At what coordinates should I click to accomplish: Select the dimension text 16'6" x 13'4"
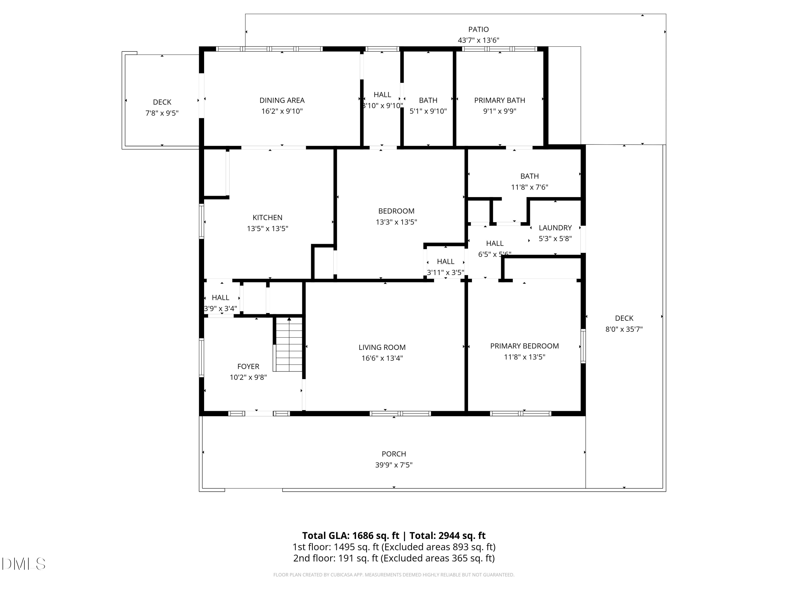click(x=382, y=358)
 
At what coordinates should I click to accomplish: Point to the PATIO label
click(x=478, y=29)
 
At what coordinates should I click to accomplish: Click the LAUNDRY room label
click(x=555, y=228)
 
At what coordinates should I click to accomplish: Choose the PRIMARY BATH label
click(x=499, y=100)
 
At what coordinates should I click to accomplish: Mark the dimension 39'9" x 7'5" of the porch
click(x=394, y=465)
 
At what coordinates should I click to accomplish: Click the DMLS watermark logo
click(x=24, y=564)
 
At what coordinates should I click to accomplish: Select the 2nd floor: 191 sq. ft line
click(x=394, y=558)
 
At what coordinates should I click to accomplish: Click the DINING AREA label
click(x=282, y=100)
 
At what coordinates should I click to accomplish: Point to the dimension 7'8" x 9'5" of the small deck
click(x=162, y=113)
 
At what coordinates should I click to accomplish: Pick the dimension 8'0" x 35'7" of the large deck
click(x=624, y=329)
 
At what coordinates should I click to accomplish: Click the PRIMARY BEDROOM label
click(x=524, y=346)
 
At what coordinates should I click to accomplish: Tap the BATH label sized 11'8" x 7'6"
click(x=529, y=176)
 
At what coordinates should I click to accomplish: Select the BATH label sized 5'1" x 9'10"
click(x=428, y=100)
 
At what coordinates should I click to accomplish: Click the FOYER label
click(x=248, y=366)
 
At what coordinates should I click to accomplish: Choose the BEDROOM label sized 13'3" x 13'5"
click(x=396, y=211)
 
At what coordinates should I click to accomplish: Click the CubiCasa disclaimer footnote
click(x=394, y=575)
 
